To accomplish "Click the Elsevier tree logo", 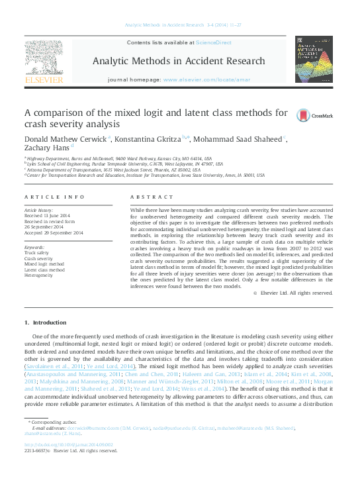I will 43,62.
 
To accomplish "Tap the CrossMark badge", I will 305,115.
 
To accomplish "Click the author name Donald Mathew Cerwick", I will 66,138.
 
